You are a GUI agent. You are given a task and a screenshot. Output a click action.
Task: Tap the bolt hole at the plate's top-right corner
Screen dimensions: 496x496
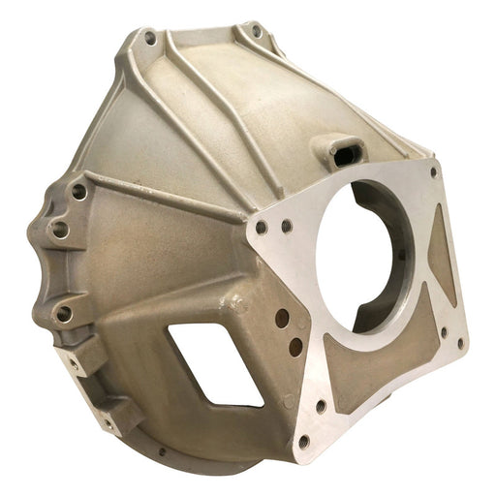[433, 172]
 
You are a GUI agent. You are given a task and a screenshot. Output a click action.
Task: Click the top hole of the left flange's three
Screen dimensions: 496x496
[78, 192]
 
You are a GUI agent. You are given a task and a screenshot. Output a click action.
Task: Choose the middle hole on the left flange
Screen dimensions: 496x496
[60, 230]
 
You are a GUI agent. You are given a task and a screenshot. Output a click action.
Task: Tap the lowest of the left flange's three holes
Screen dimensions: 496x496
[63, 312]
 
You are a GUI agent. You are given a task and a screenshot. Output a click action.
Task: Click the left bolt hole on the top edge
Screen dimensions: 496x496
[150, 39]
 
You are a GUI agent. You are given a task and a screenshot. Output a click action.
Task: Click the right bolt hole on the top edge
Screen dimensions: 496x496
[257, 31]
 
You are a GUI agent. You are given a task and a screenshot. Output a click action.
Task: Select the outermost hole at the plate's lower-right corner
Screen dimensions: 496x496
[460, 341]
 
